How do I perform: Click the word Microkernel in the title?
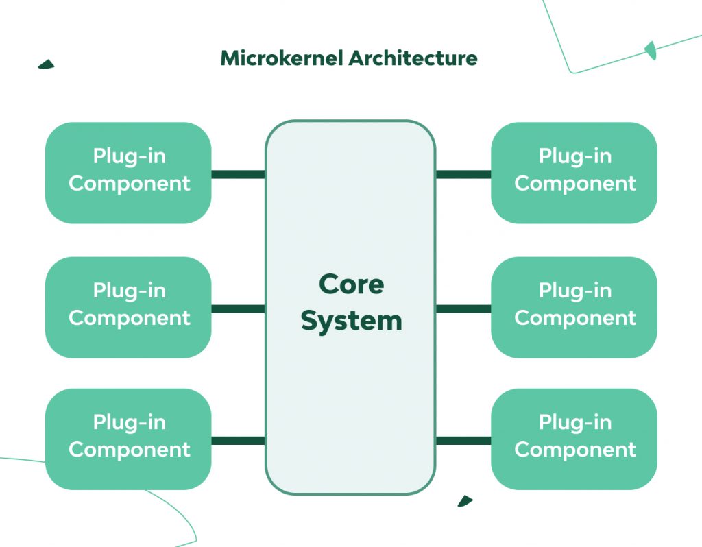(282, 58)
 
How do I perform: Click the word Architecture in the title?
(413, 58)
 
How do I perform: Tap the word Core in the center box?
(351, 284)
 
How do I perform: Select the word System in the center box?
(351, 320)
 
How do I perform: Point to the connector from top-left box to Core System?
(238, 174)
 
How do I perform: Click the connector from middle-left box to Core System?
(238, 308)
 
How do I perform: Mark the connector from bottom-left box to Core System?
(238, 440)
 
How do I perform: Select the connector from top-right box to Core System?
(463, 174)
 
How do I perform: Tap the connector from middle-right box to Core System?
(463, 308)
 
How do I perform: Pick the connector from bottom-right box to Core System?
(463, 440)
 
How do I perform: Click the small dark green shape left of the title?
(47, 64)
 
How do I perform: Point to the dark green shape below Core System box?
(465, 501)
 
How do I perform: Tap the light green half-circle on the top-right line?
(651, 50)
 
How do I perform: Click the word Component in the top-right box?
(575, 184)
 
